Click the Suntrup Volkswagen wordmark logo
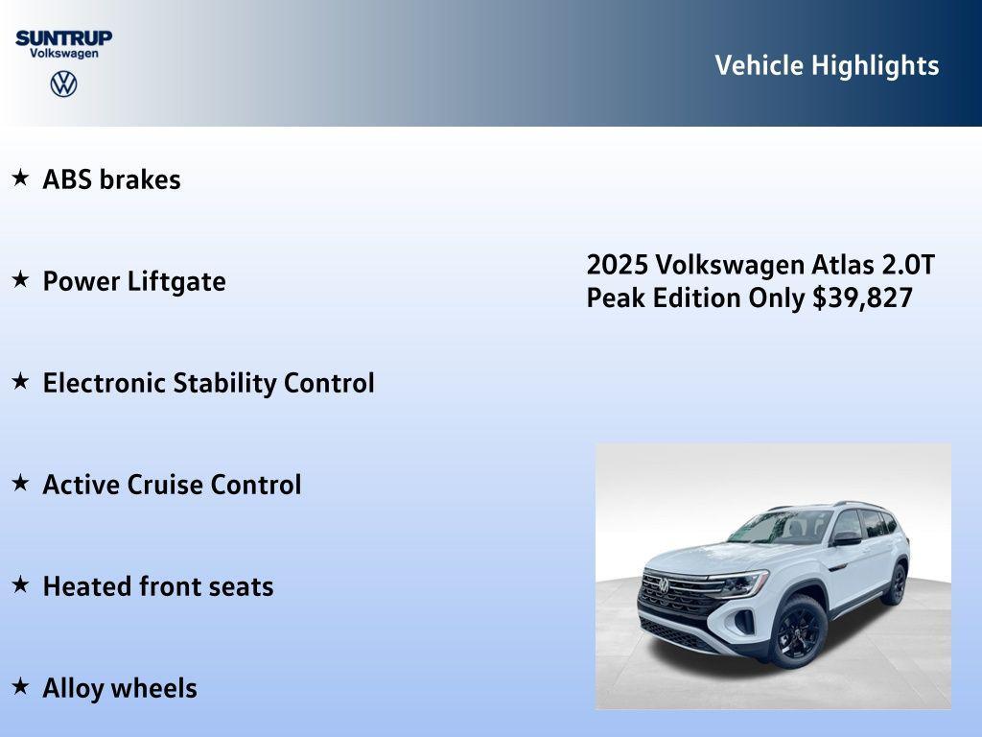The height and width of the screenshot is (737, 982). [63, 43]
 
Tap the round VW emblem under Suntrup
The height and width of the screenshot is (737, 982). [63, 84]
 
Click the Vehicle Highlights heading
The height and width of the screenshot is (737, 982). [827, 65]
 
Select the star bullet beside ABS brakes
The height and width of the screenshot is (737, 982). [20, 178]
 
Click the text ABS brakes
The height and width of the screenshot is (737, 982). [111, 179]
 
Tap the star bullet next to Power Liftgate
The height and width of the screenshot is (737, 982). [20, 279]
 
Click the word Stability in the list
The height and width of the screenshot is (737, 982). [224, 383]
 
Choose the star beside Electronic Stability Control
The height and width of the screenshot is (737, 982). [20, 381]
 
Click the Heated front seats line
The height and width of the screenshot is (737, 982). [157, 586]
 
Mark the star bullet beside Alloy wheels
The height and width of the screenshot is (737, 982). [20, 686]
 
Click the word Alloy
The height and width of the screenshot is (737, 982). [73, 688]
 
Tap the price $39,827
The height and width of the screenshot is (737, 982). [862, 297]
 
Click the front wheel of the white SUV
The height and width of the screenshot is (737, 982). [798, 630]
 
